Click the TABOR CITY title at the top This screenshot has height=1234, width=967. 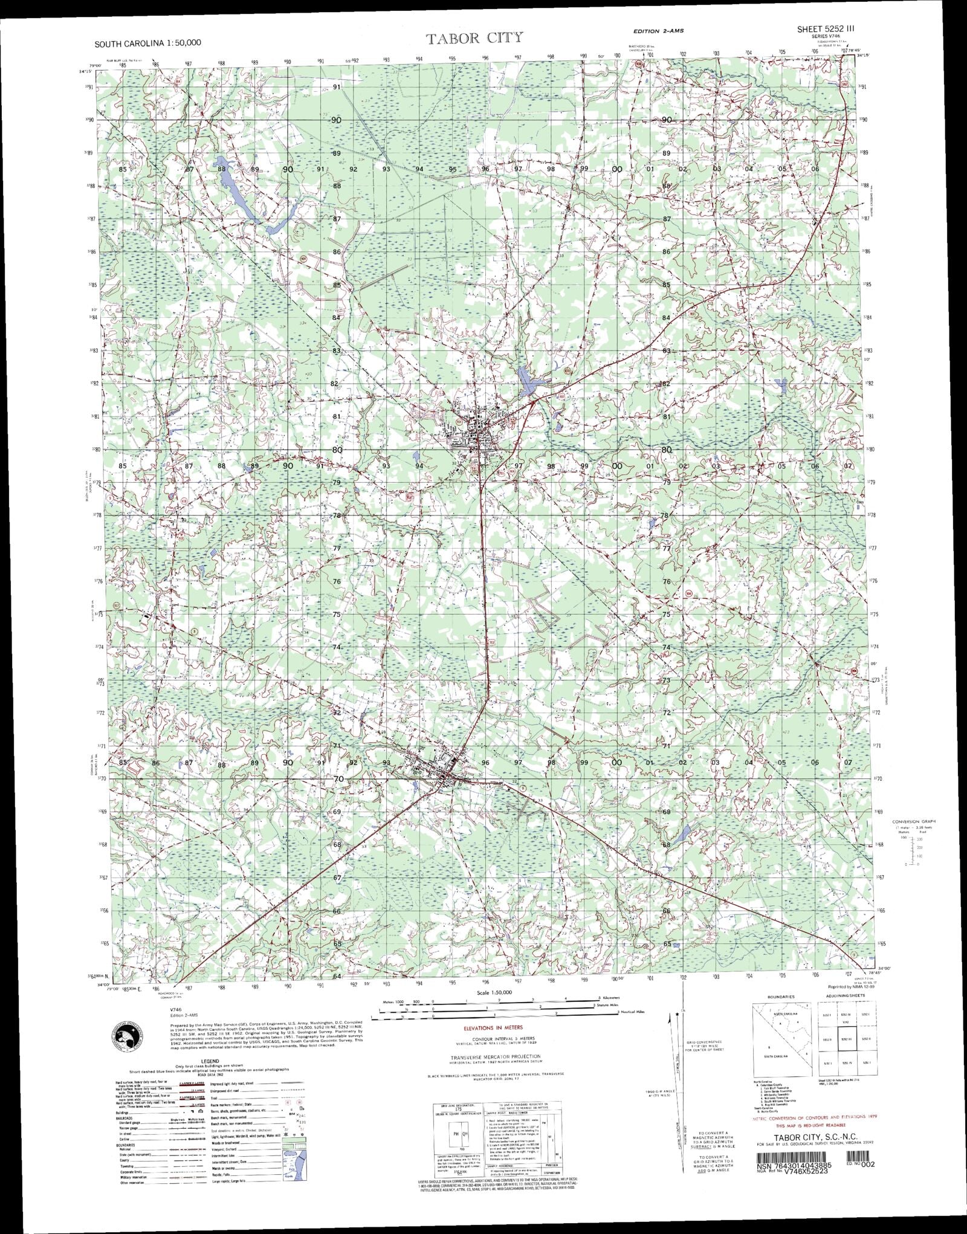[475, 39]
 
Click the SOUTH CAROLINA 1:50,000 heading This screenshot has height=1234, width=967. [147, 43]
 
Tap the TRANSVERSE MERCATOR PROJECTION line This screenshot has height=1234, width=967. [495, 1057]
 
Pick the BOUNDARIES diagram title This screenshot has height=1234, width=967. [780, 997]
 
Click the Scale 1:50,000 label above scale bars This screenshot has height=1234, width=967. [494, 993]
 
